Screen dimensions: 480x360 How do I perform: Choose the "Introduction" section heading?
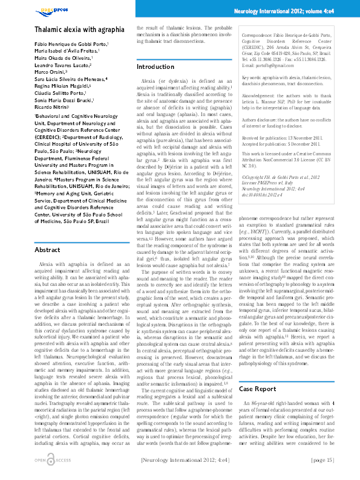155,66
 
